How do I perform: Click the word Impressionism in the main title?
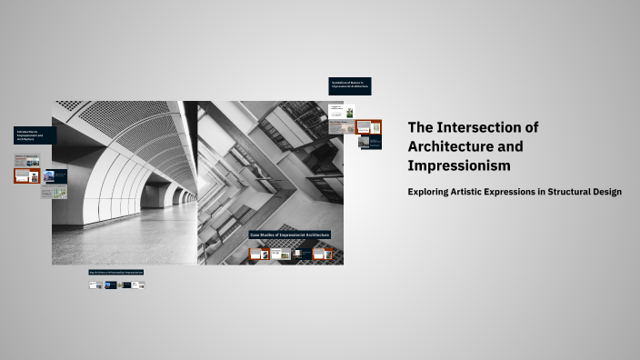(x=459, y=166)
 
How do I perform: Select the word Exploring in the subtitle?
(x=434, y=192)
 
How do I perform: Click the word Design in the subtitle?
(x=605, y=192)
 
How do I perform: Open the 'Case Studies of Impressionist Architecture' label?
(x=290, y=235)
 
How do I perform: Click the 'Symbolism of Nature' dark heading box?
(x=349, y=86)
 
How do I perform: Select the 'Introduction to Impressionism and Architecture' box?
(x=35, y=135)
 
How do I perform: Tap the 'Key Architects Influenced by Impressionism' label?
(x=116, y=272)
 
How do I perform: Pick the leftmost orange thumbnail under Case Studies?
(x=259, y=255)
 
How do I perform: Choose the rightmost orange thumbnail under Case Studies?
(x=320, y=255)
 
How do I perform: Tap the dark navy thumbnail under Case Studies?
(x=301, y=255)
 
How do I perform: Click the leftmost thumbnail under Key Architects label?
(x=94, y=285)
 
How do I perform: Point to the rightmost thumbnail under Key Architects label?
(x=139, y=285)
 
